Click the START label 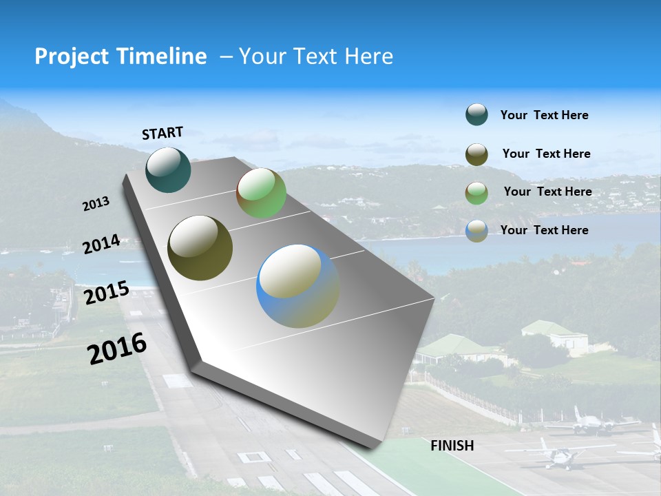[162, 133]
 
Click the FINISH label [452, 446]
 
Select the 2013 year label [96, 204]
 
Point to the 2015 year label [106, 292]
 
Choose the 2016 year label [117, 349]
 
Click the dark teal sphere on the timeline [168, 169]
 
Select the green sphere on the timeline [261, 193]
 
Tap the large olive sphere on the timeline [200, 248]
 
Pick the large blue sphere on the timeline [297, 286]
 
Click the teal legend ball [476, 115]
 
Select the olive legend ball [476, 154]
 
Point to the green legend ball [476, 192]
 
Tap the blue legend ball [476, 231]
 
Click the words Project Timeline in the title [120, 56]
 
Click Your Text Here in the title [315, 56]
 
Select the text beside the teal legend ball [544, 115]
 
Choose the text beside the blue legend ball [544, 230]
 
